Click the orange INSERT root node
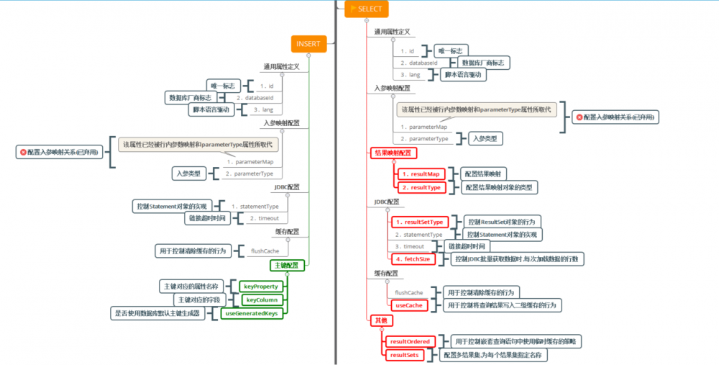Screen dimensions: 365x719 308,43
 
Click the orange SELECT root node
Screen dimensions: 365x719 367,9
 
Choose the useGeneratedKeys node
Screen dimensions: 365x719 252,312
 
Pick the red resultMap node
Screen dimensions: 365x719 421,174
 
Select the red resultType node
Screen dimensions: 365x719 421,187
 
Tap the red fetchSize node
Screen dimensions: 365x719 414,258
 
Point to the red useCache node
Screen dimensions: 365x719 409,305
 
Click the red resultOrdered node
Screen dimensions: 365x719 410,341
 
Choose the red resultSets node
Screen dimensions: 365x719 406,355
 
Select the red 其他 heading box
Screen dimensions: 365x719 380,320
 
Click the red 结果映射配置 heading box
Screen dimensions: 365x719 393,153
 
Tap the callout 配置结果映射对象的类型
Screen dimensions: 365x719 499,187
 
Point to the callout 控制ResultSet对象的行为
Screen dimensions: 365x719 503,222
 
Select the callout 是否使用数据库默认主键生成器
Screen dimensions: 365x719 157,313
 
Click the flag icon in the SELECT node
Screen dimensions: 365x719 353,9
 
